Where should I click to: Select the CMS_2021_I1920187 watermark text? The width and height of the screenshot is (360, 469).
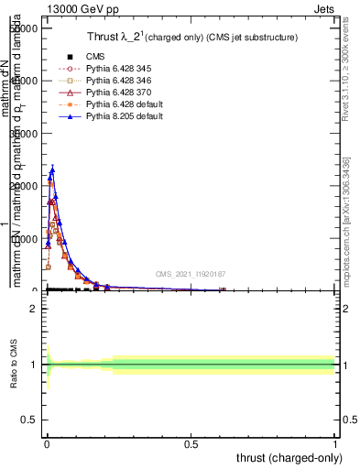pyautogui.click(x=191, y=274)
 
